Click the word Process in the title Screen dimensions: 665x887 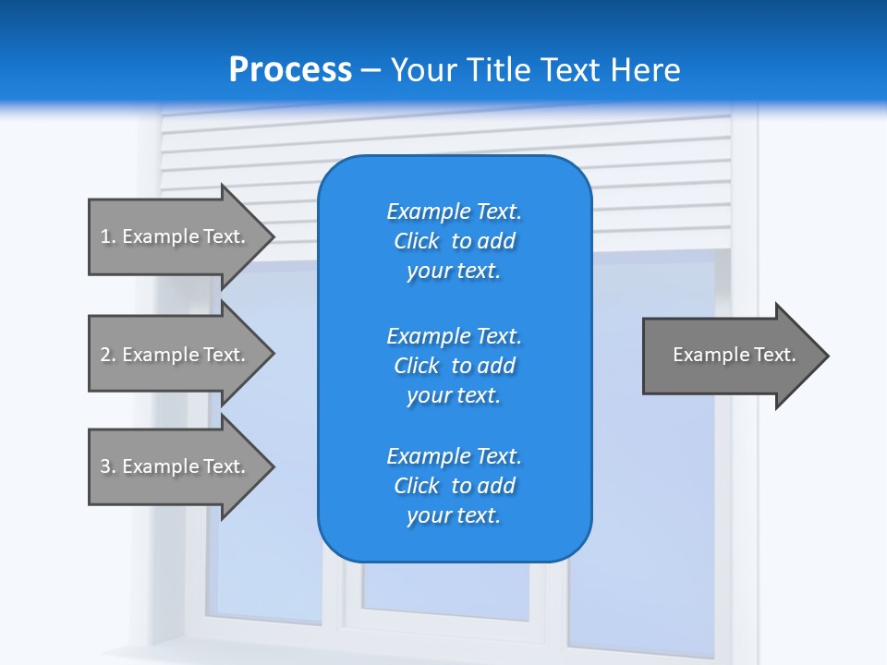tap(290, 69)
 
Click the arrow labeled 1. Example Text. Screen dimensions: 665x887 tap(176, 236)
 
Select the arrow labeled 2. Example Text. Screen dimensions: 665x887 tap(176, 355)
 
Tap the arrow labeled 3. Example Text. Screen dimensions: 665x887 tap(176, 466)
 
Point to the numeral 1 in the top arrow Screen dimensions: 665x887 tap(105, 236)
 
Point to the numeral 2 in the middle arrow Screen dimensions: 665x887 tap(105, 355)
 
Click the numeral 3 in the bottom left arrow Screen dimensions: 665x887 tap(105, 466)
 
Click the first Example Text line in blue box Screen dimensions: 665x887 tap(454, 212)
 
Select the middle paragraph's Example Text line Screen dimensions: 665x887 tap(454, 336)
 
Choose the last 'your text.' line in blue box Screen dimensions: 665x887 tap(454, 515)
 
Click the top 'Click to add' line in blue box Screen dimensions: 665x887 tap(454, 241)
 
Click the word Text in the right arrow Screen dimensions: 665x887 tap(775, 355)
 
